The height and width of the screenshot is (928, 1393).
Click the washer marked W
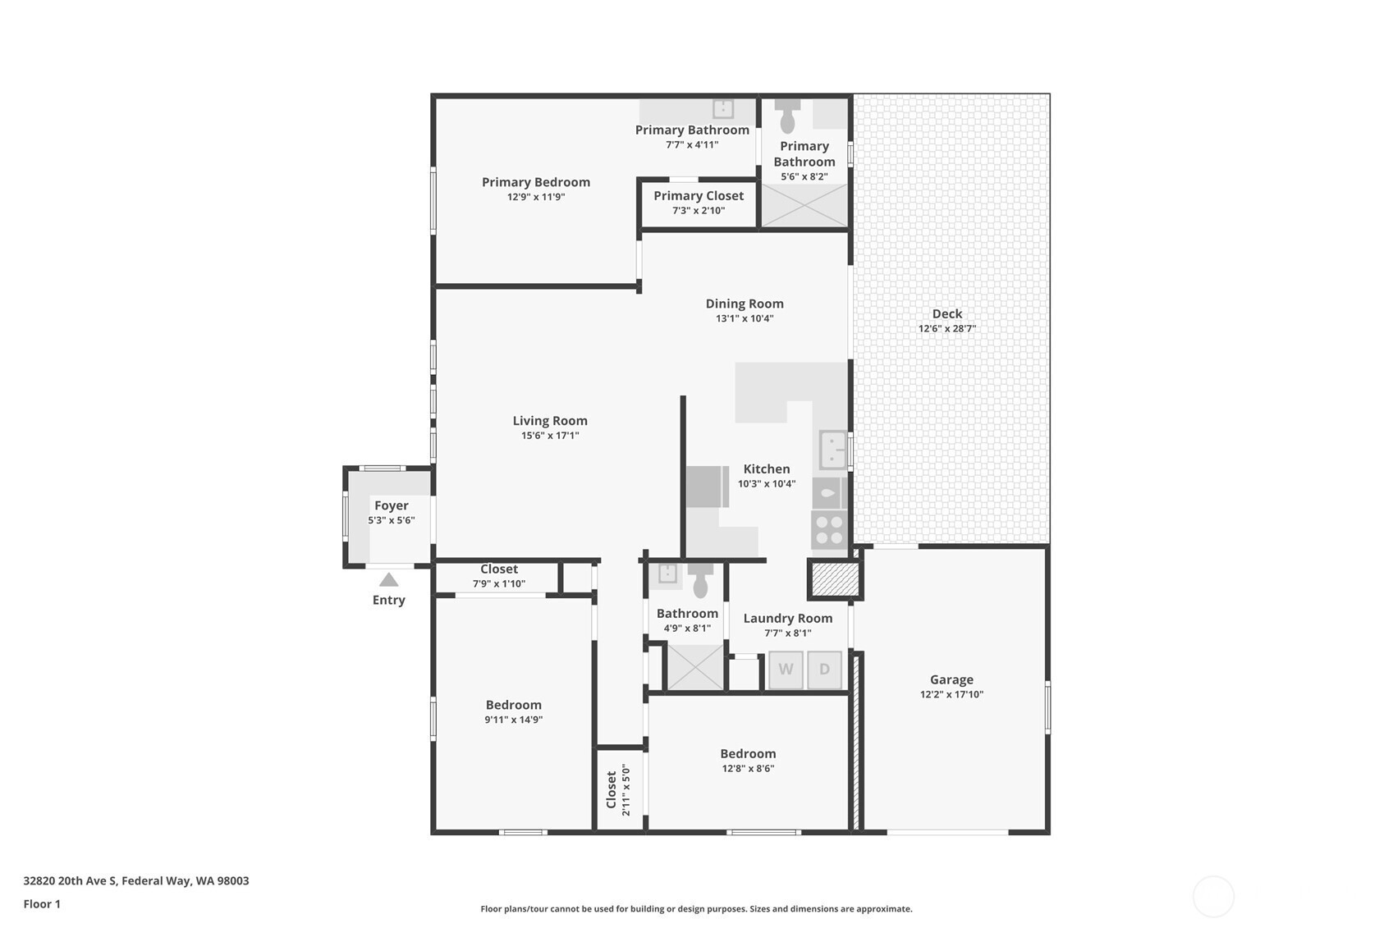(786, 670)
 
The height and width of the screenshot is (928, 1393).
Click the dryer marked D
(825, 670)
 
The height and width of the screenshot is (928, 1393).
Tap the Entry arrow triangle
(388, 579)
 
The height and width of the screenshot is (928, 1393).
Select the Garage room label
(951, 679)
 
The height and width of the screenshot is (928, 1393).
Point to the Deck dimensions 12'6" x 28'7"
(947, 329)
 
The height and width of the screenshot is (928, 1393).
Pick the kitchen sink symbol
(832, 450)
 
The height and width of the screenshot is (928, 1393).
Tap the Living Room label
(550, 421)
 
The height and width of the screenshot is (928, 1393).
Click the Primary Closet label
(699, 196)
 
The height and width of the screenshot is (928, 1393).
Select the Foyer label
(392, 506)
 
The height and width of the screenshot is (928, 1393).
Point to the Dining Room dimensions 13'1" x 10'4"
(745, 319)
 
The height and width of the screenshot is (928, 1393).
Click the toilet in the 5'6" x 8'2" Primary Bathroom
(787, 116)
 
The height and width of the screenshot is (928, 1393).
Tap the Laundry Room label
(787, 619)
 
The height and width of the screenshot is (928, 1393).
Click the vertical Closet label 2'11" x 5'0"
(618, 790)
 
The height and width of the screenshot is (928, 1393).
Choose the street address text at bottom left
(136, 880)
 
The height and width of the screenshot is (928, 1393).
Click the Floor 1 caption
(43, 904)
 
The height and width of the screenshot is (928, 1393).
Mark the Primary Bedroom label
(535, 182)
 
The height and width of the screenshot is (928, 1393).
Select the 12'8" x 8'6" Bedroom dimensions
(748, 769)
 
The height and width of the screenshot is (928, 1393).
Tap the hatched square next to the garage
(835, 579)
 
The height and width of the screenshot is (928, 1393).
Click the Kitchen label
(767, 469)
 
